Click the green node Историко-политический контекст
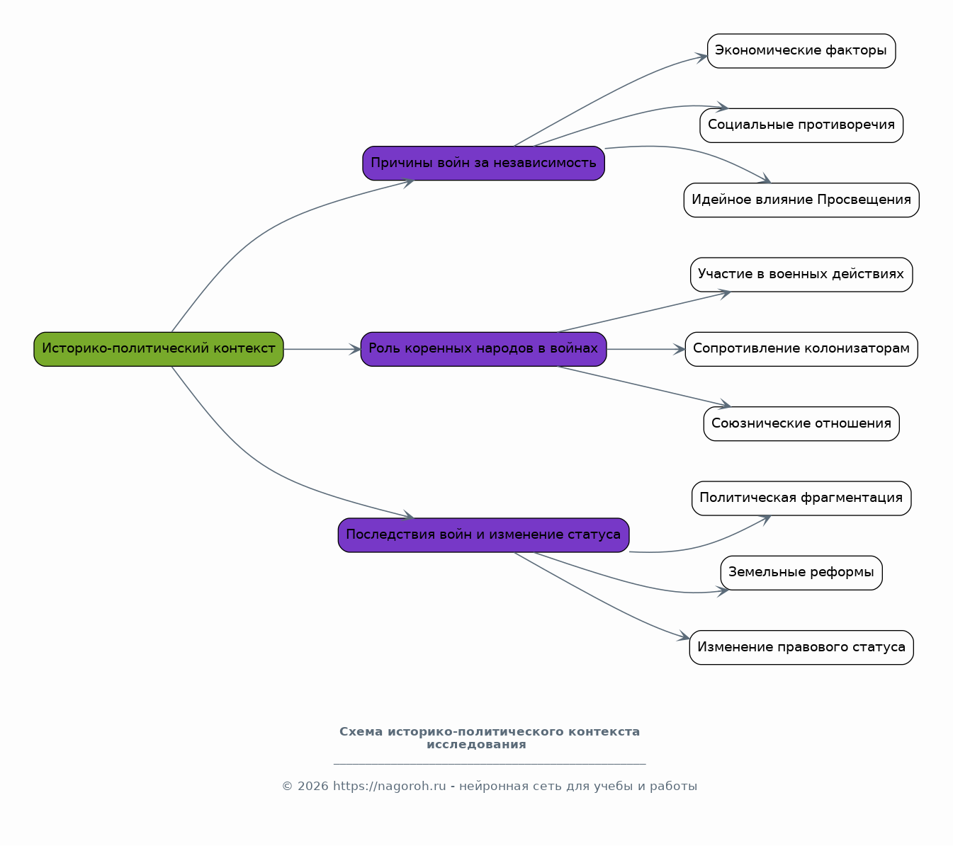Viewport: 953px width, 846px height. coord(159,349)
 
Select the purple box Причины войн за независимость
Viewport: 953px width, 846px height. coord(483,163)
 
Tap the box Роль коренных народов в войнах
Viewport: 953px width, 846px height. coord(483,349)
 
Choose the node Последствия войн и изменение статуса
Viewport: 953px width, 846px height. coord(483,535)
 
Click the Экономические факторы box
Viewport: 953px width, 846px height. coord(801,51)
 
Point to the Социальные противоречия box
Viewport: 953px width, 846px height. coord(801,125)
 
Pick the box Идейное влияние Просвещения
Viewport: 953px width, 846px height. coord(801,200)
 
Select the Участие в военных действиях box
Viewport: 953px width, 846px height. coord(801,275)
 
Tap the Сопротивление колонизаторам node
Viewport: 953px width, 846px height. coord(801,349)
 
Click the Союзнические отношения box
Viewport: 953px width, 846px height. coord(801,424)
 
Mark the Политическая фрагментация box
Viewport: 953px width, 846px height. coord(801,498)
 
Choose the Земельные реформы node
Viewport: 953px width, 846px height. coord(801,573)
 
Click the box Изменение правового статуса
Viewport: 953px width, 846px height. coord(801,648)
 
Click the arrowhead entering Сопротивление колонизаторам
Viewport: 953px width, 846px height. coord(679,349)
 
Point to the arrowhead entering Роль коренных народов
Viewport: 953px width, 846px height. coord(355,349)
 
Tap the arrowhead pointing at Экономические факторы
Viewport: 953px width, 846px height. coord(701,57)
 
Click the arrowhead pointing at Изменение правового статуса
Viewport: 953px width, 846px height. coord(684,636)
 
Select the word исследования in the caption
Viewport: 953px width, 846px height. coord(476,745)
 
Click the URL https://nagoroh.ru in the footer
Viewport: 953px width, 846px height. coord(390,787)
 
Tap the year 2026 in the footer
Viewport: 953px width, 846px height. coord(313,787)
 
